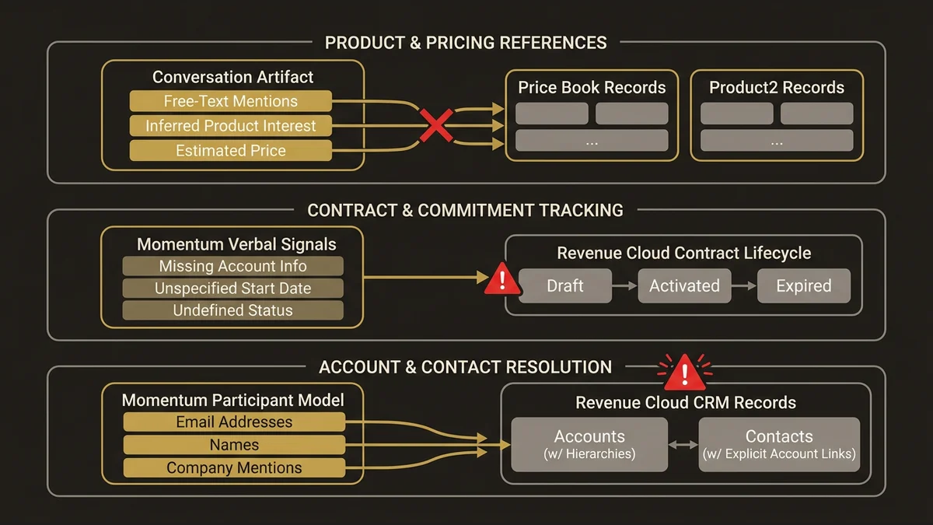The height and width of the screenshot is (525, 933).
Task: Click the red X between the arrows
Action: pyautogui.click(x=436, y=125)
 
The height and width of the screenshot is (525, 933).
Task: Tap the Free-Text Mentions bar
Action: pyautogui.click(x=230, y=101)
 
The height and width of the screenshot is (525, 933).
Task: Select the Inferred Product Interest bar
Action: pyautogui.click(x=230, y=126)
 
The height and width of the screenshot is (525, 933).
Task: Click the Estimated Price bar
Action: pyautogui.click(x=230, y=151)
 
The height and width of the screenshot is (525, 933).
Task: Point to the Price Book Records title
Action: pyautogui.click(x=592, y=87)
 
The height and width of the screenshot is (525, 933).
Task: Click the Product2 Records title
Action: pyautogui.click(x=776, y=87)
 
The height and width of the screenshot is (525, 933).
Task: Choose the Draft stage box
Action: pyautogui.click(x=565, y=286)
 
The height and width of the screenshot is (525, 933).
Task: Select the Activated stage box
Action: pyautogui.click(x=684, y=286)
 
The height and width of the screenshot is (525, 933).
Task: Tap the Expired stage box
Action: pyautogui.click(x=803, y=286)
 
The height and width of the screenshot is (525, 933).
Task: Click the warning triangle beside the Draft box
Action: pyautogui.click(x=502, y=281)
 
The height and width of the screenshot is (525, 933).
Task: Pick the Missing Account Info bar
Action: pyautogui.click(x=232, y=266)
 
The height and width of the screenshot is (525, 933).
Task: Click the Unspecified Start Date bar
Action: pyautogui.click(x=232, y=289)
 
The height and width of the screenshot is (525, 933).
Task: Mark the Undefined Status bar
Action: pyautogui.click(x=232, y=310)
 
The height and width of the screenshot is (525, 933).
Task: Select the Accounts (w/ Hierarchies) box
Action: pyautogui.click(x=589, y=444)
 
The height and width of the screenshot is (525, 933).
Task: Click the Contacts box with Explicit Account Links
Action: pyautogui.click(x=779, y=444)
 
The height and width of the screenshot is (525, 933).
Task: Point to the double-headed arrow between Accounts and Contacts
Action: pyautogui.click(x=683, y=445)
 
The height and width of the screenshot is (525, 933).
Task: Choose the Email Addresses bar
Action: pyautogui.click(x=234, y=422)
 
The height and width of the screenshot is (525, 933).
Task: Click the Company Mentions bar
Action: pyautogui.click(x=234, y=467)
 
